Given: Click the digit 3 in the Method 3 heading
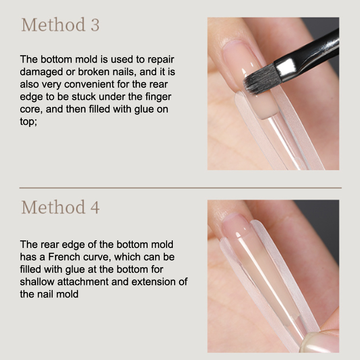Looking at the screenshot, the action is (x=95, y=25).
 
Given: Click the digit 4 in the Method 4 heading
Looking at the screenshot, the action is (x=95, y=207).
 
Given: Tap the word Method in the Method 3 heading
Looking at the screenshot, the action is (x=53, y=24).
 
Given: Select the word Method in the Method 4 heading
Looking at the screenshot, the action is (x=53, y=207).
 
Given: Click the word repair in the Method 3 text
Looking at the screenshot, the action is (x=161, y=60).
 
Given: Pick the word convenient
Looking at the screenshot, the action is (x=89, y=84).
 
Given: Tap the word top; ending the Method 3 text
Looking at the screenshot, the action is (x=28, y=121).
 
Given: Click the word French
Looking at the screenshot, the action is (x=64, y=257).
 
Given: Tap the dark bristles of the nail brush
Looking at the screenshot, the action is (x=262, y=79).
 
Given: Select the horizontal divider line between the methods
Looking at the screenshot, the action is (x=180, y=188).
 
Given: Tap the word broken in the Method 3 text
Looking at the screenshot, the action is (x=94, y=72).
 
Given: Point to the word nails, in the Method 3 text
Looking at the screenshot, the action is (x=124, y=72).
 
